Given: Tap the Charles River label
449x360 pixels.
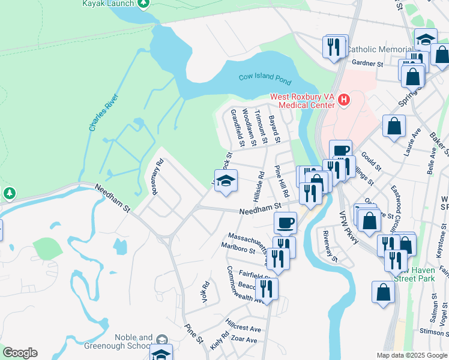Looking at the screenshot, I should pyautogui.click(x=101, y=112).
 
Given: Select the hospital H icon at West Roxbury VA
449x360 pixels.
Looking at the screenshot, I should pyautogui.click(x=343, y=100).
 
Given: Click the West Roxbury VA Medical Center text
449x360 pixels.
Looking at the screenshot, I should pyautogui.click(x=301, y=100).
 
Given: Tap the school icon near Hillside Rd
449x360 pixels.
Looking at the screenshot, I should pyautogui.click(x=226, y=181).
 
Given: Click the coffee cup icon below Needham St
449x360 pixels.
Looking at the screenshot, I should pyautogui.click(x=286, y=222).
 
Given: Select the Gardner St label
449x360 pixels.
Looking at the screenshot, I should pyautogui.click(x=367, y=63).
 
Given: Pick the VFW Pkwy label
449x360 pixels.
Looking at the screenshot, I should pyautogui.click(x=349, y=228).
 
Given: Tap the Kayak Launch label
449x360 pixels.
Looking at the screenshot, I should pyautogui.click(x=107, y=3).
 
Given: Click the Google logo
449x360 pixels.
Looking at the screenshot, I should pyautogui.click(x=19, y=353).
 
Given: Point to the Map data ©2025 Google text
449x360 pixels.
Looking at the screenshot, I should pyautogui.click(x=412, y=355).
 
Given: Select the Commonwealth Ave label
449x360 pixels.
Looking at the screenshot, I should pyautogui.click(x=244, y=285).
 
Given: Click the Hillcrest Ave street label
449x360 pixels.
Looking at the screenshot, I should pyautogui.click(x=243, y=329).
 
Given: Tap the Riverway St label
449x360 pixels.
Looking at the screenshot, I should pyautogui.click(x=330, y=246).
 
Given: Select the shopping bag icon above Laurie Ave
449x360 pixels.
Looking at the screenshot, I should pyautogui.click(x=394, y=126).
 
